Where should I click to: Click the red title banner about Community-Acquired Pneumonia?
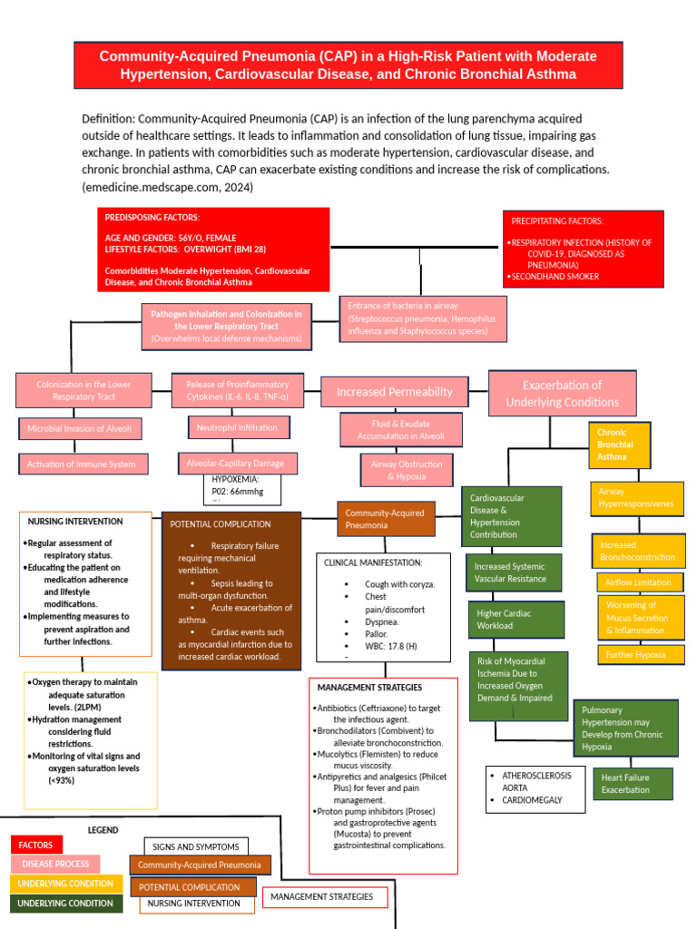tap(348, 66)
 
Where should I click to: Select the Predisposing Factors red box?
tap(213, 249)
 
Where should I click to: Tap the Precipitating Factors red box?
tap(584, 249)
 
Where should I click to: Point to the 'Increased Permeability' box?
tap(394, 392)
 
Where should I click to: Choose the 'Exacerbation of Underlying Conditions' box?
tap(562, 393)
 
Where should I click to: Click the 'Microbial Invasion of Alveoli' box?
tap(79, 428)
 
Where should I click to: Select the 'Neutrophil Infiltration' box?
tap(237, 426)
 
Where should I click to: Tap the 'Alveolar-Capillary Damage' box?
tap(235, 463)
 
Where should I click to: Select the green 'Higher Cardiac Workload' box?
tap(515, 619)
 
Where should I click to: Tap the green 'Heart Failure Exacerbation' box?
tap(633, 784)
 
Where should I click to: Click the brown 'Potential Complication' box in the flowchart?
tap(231, 591)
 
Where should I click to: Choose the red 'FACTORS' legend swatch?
tap(36, 845)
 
